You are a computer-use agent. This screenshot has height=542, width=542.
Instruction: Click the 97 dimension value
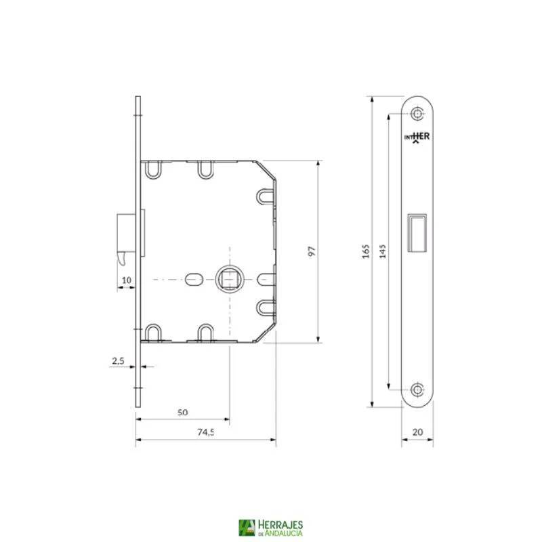tap(312, 251)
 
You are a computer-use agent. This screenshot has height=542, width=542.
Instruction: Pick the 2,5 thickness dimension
tap(118, 362)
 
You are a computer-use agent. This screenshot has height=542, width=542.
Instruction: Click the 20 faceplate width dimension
tap(417, 430)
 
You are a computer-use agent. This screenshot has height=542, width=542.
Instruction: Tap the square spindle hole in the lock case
tap(224, 278)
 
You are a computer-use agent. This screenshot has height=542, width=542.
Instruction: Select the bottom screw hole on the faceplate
tap(417, 390)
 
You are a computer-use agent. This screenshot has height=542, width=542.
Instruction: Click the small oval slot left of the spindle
tap(192, 278)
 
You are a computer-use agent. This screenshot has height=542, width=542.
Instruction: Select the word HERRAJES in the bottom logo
tap(280, 524)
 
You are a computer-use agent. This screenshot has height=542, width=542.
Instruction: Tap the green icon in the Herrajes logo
tap(246, 528)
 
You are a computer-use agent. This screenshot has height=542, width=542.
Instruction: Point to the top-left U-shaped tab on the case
tap(153, 168)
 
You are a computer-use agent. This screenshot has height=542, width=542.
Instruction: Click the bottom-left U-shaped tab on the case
tap(153, 332)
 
